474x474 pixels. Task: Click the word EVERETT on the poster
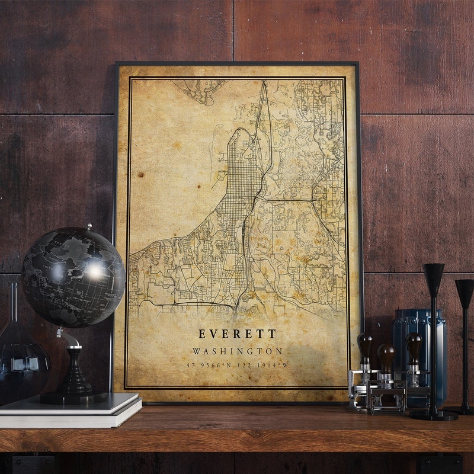coord(237,335)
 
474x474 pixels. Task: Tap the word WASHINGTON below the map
coord(237,351)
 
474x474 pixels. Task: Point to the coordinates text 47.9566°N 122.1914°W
coord(237,365)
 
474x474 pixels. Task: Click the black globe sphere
coord(73,277)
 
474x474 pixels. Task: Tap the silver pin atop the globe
coord(89,226)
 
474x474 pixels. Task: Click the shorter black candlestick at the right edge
coord(464,344)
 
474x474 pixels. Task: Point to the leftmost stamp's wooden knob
coord(364,347)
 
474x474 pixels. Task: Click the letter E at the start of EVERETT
coord(203,335)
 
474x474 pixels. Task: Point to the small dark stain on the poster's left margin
coord(141,175)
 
